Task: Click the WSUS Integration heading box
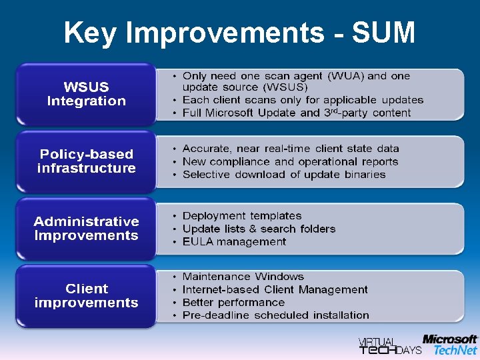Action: [x=86, y=94]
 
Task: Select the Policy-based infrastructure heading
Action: [x=86, y=161]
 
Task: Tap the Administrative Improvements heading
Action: [x=86, y=229]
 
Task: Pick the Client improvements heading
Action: [x=86, y=296]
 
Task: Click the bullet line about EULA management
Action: [x=234, y=241]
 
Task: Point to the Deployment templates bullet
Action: [x=241, y=216]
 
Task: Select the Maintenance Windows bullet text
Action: [x=243, y=277]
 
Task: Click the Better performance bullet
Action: [x=233, y=302]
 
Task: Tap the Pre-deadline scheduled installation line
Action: [x=275, y=315]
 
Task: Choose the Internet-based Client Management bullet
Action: [x=275, y=289]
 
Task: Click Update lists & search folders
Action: [x=259, y=229]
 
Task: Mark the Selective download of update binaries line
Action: [x=284, y=175]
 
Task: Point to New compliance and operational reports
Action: [x=290, y=161]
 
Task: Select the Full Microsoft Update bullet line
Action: [x=297, y=113]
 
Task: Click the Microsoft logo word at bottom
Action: [x=450, y=339]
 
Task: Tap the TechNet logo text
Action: [x=455, y=350]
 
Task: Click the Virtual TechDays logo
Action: [x=390, y=345]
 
